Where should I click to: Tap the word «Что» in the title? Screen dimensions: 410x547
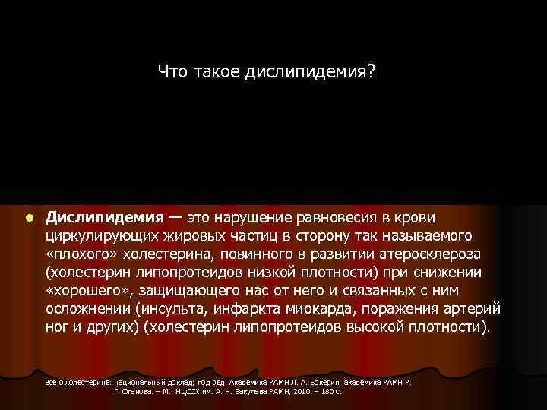(172, 72)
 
